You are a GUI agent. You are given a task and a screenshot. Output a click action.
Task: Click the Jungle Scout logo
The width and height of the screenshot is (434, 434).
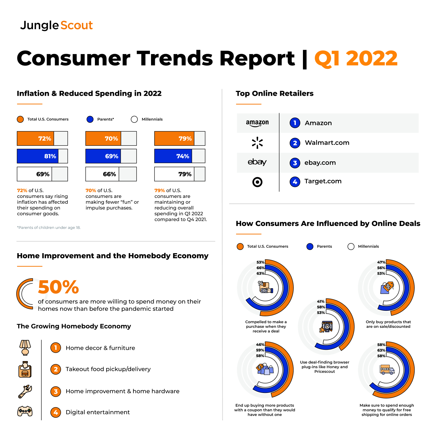tap(56, 25)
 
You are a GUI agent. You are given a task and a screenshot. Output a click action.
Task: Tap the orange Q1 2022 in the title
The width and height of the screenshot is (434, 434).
tap(356, 59)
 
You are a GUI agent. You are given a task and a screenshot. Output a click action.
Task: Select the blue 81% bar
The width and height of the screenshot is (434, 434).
tap(38, 156)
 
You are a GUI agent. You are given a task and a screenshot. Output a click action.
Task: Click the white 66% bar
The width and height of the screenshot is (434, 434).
tap(102, 174)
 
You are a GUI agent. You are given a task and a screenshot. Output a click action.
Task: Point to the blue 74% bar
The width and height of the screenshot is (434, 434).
tap(173, 156)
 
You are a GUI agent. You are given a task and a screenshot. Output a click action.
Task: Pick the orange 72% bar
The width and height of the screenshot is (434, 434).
tap(36, 139)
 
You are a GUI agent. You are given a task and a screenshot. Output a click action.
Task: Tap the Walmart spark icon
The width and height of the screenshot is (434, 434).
tap(257, 143)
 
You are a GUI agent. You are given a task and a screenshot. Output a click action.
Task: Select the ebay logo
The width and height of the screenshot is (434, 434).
tap(257, 162)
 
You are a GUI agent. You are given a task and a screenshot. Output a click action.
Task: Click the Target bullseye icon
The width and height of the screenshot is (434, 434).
tap(257, 182)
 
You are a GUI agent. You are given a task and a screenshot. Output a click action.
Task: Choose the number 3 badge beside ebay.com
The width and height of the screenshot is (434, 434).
tap(295, 163)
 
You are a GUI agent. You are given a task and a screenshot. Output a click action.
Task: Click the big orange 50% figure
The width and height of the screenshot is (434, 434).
tap(58, 287)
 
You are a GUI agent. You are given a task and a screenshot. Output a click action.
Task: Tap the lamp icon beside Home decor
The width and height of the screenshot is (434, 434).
tap(25, 347)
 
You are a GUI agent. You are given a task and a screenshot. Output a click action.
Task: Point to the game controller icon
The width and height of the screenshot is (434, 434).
tap(25, 411)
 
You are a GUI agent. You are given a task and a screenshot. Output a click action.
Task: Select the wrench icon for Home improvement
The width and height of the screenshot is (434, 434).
tap(25, 391)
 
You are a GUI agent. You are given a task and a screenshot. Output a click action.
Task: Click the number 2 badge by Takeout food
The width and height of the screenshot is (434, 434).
tap(56, 369)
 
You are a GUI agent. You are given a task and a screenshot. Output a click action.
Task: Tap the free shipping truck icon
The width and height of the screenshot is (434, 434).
tap(387, 369)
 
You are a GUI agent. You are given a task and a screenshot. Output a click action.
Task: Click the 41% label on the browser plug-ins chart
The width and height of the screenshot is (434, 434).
tap(321, 301)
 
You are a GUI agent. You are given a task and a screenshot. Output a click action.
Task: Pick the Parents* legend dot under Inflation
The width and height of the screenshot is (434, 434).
tap(90, 119)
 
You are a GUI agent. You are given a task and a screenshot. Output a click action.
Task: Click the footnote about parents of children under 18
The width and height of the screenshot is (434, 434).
tap(49, 228)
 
